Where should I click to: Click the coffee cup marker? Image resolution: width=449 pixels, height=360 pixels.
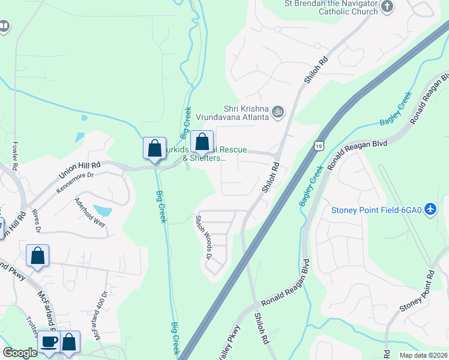pos(49,342)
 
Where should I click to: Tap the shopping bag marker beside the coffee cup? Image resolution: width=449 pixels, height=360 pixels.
pos(70,342)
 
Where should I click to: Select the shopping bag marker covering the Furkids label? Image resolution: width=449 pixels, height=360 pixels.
pos(202,143)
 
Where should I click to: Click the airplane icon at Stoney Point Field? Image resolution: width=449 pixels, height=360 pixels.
pos(430,209)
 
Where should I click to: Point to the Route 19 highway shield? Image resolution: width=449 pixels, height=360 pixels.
pos(319,145)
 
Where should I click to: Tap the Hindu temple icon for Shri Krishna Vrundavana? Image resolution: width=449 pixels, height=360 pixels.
pos(277,112)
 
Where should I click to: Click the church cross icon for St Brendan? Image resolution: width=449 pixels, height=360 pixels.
pos(387,7)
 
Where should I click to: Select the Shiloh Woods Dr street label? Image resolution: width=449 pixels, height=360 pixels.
pos(205,237)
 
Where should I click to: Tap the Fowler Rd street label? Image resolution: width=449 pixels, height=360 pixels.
pos(16,155)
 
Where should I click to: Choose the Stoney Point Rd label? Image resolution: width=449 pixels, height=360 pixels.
pos(417,292)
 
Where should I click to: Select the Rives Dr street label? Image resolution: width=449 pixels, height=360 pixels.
pos(37,220)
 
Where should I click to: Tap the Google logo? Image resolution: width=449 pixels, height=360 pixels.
pos(20,353)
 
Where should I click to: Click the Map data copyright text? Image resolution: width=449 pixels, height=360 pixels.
pos(423,355)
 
